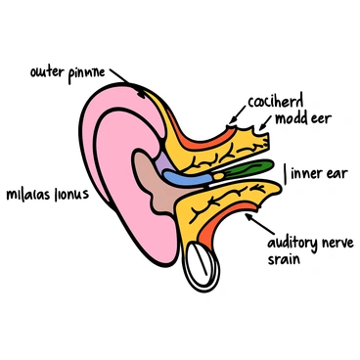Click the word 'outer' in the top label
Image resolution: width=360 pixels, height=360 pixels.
47,71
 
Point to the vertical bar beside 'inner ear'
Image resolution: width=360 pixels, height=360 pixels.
286,174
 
